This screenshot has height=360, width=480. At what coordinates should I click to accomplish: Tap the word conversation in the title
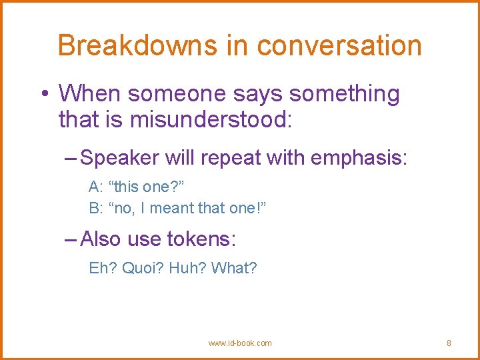coord(339,46)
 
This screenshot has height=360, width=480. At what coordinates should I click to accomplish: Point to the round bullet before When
coord(44,95)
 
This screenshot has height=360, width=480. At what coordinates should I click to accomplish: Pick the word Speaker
coord(119,158)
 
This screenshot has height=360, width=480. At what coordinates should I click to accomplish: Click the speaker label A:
coord(95,186)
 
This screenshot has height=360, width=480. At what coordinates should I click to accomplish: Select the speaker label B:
coord(95,208)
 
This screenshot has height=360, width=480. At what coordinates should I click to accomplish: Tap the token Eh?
coord(101,268)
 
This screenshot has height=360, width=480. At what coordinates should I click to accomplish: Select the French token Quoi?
coord(141,268)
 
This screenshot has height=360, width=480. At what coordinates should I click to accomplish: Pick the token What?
coord(233,268)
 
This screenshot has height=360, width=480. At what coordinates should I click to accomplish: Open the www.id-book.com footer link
coord(240,343)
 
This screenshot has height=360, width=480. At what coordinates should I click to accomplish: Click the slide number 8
coord(449,343)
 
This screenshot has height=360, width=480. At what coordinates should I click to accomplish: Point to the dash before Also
coord(71,238)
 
